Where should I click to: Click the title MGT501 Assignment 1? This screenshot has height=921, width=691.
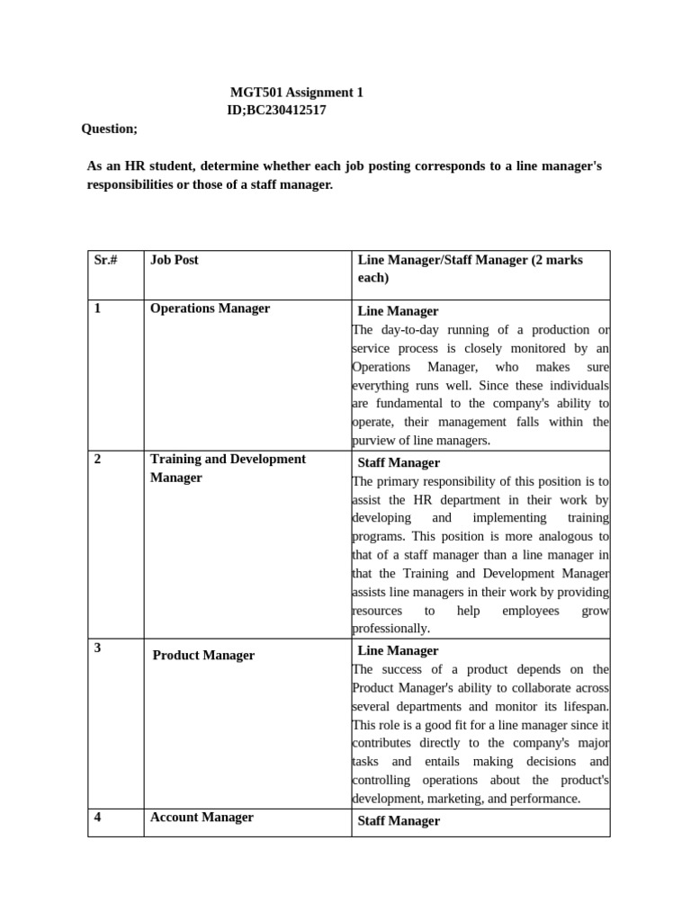click(297, 93)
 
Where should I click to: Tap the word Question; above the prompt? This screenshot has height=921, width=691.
click(110, 129)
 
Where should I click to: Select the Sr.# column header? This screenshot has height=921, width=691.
click(106, 260)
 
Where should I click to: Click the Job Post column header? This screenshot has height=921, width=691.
click(175, 260)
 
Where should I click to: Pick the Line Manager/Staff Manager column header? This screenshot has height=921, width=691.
click(471, 269)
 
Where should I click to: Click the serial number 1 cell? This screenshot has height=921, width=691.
click(98, 308)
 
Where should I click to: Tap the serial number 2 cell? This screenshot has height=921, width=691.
click(98, 459)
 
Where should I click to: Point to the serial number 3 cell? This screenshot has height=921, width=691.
click(98, 648)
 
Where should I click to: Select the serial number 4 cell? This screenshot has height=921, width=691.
click(98, 818)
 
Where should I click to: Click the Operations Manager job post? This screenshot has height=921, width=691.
click(210, 308)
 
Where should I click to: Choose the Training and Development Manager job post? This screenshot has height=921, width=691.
click(228, 468)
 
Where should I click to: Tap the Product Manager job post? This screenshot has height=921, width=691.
click(203, 656)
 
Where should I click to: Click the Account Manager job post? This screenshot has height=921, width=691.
click(202, 818)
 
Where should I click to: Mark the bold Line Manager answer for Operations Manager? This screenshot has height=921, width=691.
click(398, 311)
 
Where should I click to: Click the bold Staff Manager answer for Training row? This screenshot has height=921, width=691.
click(399, 463)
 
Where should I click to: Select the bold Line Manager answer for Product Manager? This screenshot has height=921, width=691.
click(398, 650)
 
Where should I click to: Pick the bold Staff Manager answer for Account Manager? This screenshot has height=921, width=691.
click(399, 821)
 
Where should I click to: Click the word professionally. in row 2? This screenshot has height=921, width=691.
click(391, 629)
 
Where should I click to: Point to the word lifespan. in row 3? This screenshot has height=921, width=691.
click(585, 707)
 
